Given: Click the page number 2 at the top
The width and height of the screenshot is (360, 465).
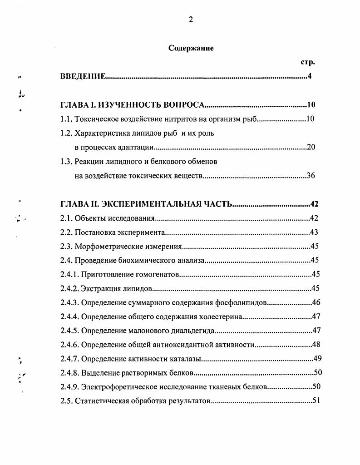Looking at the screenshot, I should click(191, 19).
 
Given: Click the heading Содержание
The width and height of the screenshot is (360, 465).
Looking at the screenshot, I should click(191, 48).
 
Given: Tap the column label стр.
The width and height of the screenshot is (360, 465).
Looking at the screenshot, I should click(308, 62).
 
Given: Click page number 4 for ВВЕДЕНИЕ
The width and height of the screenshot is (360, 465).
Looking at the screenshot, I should click(309, 76).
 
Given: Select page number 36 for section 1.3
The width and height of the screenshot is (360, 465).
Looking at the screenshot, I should click(311, 176).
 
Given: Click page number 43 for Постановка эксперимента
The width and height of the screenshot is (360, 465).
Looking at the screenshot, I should click(314, 232).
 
